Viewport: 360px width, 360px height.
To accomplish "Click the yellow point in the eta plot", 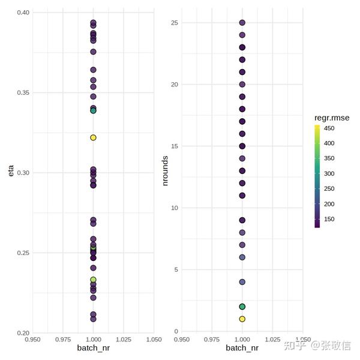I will [x=93, y=137].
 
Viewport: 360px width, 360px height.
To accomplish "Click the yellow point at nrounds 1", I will [x=242, y=319].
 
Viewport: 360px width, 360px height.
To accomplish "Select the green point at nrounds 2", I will [x=242, y=307].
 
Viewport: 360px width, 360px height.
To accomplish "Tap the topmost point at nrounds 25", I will [x=242, y=23].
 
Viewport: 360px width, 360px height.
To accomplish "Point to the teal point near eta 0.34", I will [x=93, y=110].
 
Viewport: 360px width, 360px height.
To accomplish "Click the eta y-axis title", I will [x=10, y=173].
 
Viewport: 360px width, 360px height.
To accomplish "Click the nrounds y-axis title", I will [x=166, y=171].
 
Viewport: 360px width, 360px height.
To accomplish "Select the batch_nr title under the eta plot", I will [x=93, y=348].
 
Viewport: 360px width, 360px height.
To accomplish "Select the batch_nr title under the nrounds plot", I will [x=242, y=348].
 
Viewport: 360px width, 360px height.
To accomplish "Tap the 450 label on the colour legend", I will [x=329, y=128].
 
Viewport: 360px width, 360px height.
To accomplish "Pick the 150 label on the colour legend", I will [x=329, y=219].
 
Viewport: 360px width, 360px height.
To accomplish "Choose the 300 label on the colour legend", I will [x=329, y=173].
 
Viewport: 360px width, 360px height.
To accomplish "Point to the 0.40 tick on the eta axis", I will [x=22, y=13].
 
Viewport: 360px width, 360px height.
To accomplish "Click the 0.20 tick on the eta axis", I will [x=22, y=333].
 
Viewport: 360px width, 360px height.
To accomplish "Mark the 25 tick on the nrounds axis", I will [x=175, y=23].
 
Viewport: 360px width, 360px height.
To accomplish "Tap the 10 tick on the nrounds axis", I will [x=175, y=208].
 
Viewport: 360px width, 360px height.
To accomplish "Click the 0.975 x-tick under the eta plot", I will [x=62, y=339].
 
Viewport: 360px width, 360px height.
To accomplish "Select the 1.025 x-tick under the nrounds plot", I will [x=273, y=339].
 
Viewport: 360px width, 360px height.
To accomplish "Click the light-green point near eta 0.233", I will [x=93, y=280].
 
